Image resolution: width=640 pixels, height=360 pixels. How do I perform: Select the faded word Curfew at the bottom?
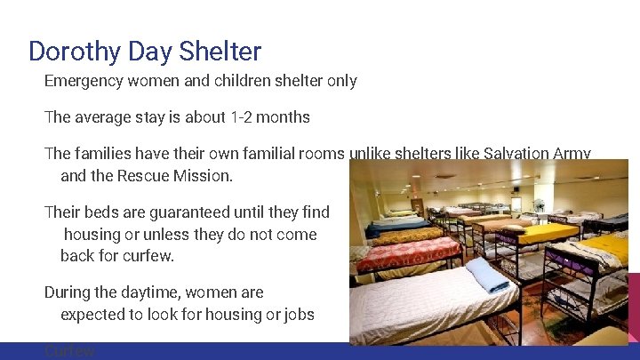(69, 351)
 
